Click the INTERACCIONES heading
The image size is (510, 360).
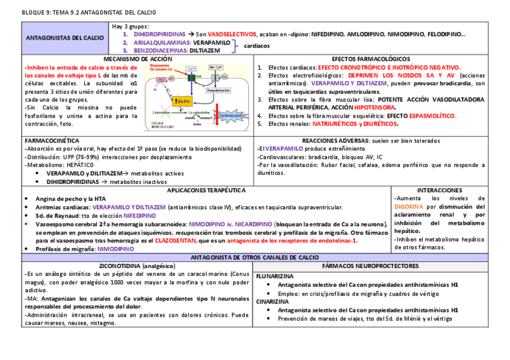[x=440, y=190]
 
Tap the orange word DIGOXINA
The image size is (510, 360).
[x=408, y=206]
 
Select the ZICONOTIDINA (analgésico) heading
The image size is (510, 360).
[x=137, y=265]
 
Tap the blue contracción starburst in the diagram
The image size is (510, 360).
[x=232, y=115]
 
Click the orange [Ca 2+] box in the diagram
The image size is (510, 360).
[x=184, y=100]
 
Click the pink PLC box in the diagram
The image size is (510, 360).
[x=162, y=79]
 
